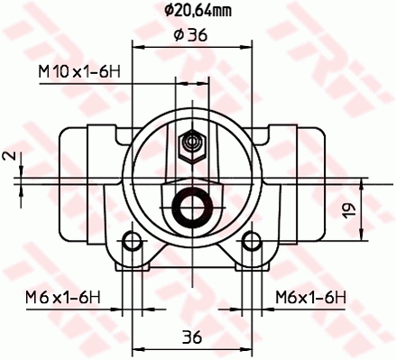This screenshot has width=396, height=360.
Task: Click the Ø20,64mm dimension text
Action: click(198, 11)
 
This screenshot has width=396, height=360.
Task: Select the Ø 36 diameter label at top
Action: click(190, 35)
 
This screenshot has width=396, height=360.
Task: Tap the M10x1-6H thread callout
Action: click(79, 72)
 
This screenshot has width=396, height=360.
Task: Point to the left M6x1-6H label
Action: click(63, 298)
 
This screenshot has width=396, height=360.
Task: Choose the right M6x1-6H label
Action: click(311, 298)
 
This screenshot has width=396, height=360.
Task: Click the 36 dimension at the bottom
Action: click(192, 337)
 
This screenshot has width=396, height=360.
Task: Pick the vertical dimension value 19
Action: click(349, 210)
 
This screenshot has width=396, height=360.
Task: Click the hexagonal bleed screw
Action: click(192, 147)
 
